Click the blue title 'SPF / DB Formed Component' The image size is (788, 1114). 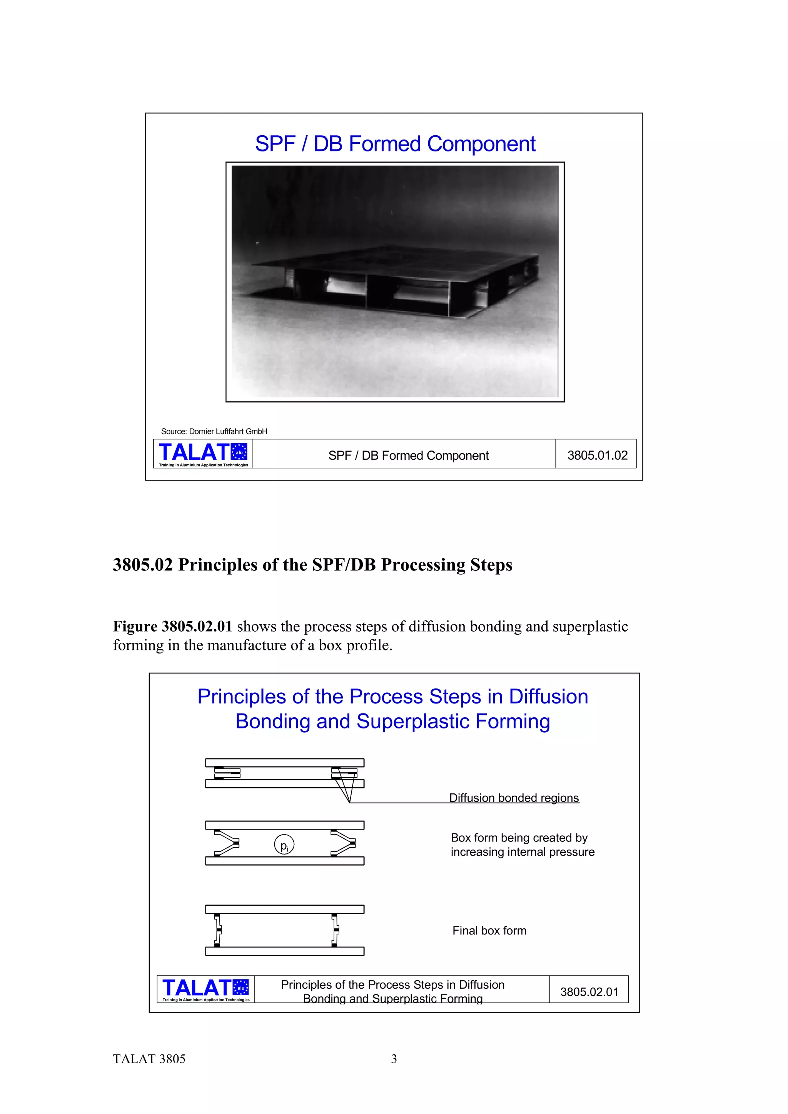[x=395, y=144]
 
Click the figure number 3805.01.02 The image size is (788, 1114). [x=597, y=455]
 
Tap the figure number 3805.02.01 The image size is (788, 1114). [x=589, y=992]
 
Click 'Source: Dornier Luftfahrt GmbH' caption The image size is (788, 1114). [x=214, y=431]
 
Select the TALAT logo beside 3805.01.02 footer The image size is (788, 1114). [x=203, y=454]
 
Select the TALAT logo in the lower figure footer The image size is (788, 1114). [x=205, y=989]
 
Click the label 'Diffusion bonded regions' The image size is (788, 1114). [x=514, y=798]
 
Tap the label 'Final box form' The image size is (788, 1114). [x=489, y=931]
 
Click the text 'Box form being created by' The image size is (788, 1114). [x=519, y=838]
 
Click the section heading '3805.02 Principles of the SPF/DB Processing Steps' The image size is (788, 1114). [x=312, y=565]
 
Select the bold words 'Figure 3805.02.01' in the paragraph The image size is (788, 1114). [x=172, y=626]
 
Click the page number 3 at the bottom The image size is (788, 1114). [x=394, y=1059]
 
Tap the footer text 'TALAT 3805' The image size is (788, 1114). [x=149, y=1059]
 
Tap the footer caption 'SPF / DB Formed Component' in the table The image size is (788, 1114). [x=408, y=455]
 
